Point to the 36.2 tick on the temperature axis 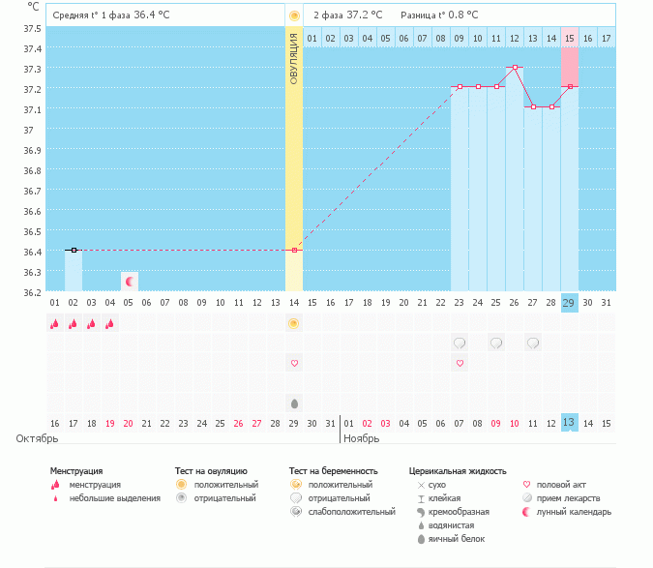31,291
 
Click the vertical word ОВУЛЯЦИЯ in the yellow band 294,58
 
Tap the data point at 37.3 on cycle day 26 515,68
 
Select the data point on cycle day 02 74,250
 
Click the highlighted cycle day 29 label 569,303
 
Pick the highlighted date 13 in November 569,423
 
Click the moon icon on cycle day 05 129,281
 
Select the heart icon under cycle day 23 460,363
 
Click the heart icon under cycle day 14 294,363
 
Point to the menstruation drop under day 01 55,324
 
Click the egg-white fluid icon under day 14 294,403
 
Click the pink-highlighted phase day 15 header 569,38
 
